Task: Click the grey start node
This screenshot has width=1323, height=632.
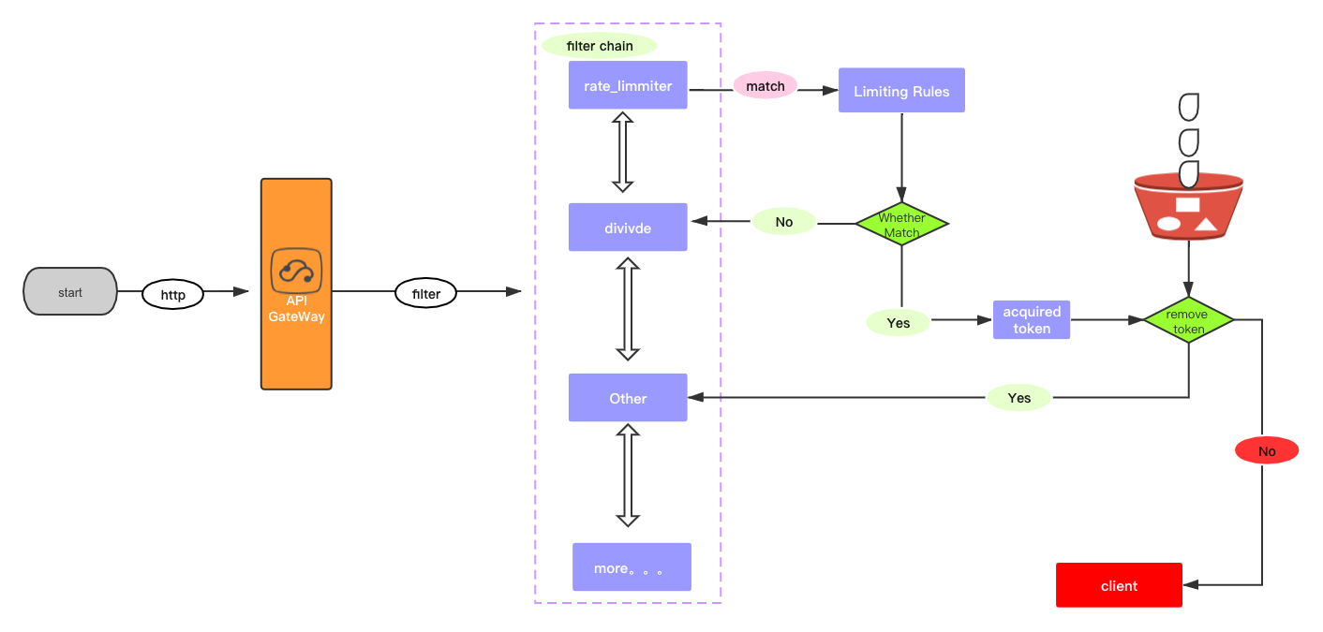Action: (x=70, y=292)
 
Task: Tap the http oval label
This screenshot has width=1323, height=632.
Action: (x=173, y=295)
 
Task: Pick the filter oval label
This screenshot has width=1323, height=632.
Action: (x=426, y=294)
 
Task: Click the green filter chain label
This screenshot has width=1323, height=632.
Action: (x=600, y=46)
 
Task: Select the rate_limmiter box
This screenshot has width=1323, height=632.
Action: (x=628, y=86)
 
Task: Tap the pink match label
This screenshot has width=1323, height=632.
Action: (x=766, y=86)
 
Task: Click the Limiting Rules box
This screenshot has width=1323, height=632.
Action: (x=901, y=91)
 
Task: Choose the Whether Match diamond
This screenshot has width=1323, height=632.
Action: (x=901, y=225)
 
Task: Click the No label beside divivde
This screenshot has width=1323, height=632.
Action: (x=784, y=222)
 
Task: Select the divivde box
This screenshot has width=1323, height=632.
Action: (x=628, y=228)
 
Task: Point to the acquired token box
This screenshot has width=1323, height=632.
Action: (x=1032, y=320)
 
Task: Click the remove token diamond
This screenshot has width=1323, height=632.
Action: (x=1189, y=321)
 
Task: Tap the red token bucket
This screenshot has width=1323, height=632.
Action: (x=1188, y=206)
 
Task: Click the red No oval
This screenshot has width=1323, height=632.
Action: (x=1267, y=451)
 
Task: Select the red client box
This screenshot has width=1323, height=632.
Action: (x=1119, y=586)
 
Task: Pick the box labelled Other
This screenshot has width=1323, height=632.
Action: (x=628, y=398)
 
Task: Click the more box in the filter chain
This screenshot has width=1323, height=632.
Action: (x=632, y=567)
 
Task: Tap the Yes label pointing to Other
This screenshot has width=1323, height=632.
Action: (x=1019, y=398)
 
